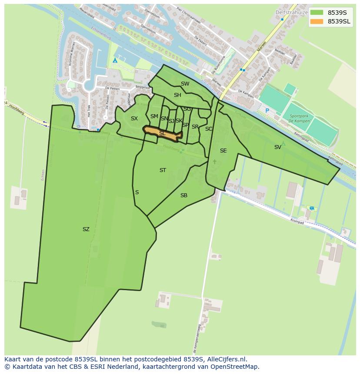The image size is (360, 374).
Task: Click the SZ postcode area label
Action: pyautogui.click(x=86, y=229)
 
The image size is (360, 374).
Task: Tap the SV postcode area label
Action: pyautogui.click(x=277, y=147)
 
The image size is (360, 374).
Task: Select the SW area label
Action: pyautogui.click(x=185, y=84)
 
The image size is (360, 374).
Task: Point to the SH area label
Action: pyautogui.click(x=177, y=95)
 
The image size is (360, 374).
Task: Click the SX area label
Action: pyautogui.click(x=134, y=119)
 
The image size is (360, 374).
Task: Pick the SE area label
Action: pyautogui.click(x=223, y=151)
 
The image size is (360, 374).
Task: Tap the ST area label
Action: pyautogui.click(x=163, y=170)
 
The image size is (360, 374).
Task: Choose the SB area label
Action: pyautogui.click(x=183, y=195)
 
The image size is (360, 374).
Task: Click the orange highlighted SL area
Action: pyautogui.click(x=162, y=133)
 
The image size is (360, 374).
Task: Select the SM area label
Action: pyautogui.click(x=154, y=116)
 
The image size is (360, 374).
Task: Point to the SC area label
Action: pyautogui.click(x=208, y=129)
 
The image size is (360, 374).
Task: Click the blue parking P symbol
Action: pyautogui.click(x=267, y=111)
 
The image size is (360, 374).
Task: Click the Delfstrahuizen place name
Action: pyautogui.click(x=291, y=13)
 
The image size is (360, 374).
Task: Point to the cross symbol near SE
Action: pyautogui.click(x=214, y=162)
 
